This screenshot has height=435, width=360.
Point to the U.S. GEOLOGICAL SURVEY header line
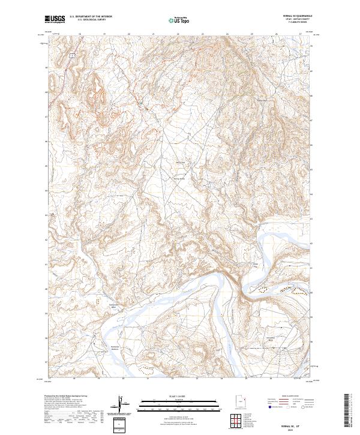pyautogui.click(x=91, y=20)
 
